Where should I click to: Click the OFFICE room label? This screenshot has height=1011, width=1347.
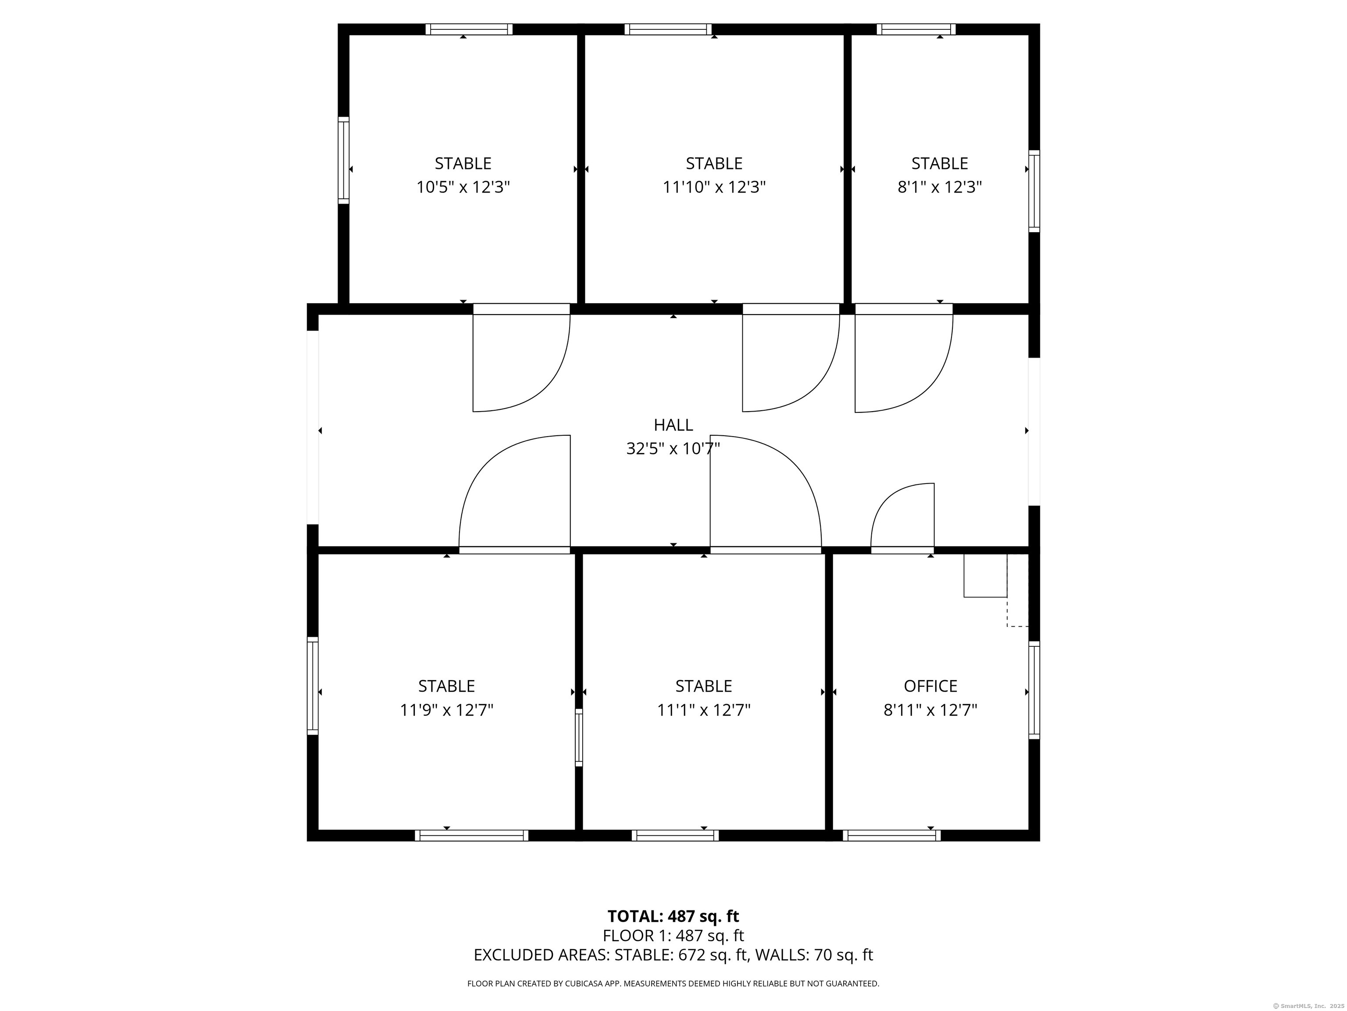(x=930, y=686)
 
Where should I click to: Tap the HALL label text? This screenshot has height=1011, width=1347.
(x=673, y=425)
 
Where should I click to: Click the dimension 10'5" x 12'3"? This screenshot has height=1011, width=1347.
(x=463, y=187)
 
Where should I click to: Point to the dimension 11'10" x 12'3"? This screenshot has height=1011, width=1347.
(x=714, y=187)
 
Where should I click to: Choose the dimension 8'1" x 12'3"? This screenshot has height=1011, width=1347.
(x=940, y=187)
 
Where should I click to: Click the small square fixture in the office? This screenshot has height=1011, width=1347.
(x=985, y=575)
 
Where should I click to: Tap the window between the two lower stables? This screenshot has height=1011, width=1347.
(x=578, y=737)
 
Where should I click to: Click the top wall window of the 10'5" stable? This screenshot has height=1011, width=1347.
(x=469, y=29)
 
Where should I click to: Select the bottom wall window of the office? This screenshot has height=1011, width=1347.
(x=891, y=835)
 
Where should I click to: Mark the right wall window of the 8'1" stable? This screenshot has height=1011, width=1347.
(x=1034, y=191)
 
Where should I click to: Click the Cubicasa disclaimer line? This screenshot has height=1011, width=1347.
(x=673, y=984)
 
